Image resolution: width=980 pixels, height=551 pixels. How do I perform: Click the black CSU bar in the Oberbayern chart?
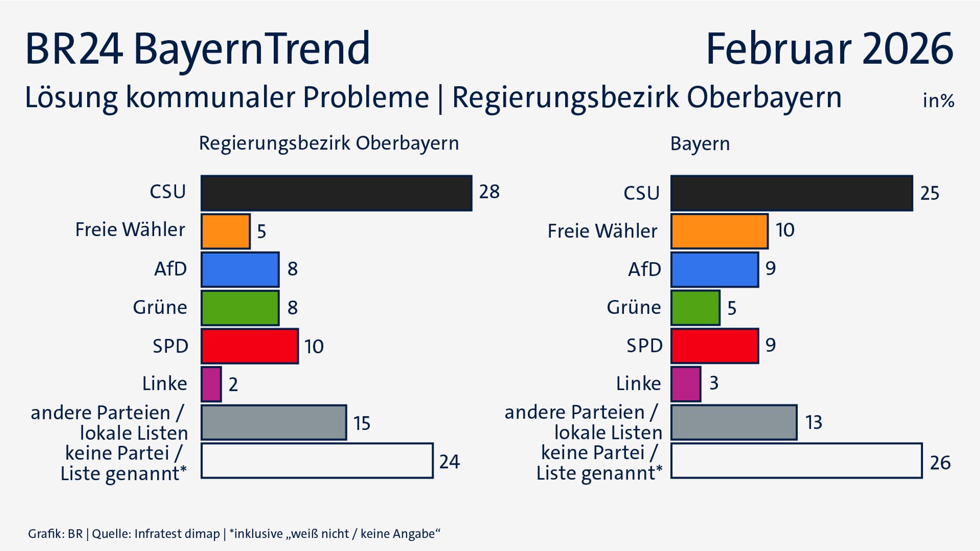tap(336, 193)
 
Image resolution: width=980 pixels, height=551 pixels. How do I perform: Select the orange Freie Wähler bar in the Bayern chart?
tap(719, 231)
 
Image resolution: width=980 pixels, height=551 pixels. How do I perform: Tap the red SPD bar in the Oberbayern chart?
tap(249, 346)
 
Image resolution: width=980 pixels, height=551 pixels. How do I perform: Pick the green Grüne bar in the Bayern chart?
tap(695, 308)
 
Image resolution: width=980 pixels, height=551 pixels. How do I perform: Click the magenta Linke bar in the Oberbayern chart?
tap(211, 384)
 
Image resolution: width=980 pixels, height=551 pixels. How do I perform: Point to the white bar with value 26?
tap(796, 461)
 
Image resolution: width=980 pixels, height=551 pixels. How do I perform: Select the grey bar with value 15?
tap(274, 423)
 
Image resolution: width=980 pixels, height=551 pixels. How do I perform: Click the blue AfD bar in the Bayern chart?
tap(714, 270)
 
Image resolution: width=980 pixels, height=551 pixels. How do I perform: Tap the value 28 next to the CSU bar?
tap(489, 192)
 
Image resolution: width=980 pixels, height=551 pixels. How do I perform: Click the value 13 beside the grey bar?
tap(813, 423)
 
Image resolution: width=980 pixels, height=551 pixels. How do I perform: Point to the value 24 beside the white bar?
tap(449, 462)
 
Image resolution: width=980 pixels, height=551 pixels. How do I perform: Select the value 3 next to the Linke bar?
tap(713, 383)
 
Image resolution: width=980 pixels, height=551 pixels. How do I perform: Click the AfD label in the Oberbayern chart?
tap(170, 269)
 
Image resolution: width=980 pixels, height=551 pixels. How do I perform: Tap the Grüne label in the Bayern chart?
tap(634, 307)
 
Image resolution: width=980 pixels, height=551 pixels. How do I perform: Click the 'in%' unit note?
tap(938, 101)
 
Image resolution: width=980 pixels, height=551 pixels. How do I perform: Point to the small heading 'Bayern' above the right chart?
tap(700, 144)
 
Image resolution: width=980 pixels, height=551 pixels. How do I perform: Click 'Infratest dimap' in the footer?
tap(177, 534)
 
